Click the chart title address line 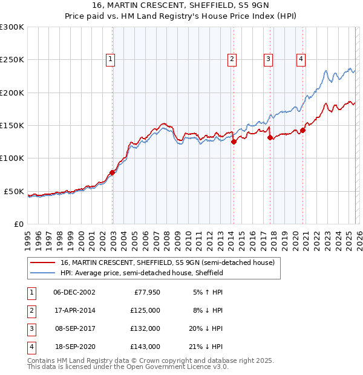pos(181,5)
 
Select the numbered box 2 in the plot pos(232,59)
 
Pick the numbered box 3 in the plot pos(268,59)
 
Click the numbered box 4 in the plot pos(301,59)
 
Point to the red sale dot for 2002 pos(113,172)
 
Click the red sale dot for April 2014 pos(234,142)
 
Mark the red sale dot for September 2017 pos(270,137)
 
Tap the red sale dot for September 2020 pos(302,130)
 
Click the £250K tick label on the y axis pos(12,60)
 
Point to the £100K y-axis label pos(12,158)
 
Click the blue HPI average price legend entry pos(142,273)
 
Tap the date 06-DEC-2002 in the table pos(74,292)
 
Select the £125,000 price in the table pos(145,310)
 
